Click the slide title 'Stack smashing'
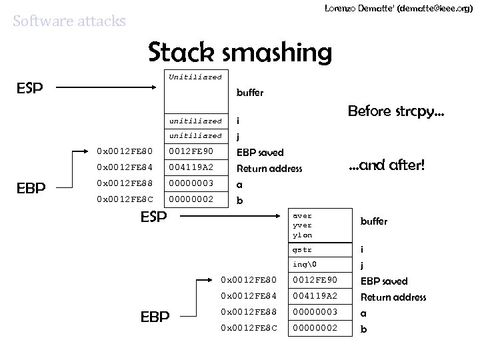pos(239,52)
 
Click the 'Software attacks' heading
pos(69,21)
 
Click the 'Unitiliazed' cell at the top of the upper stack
pos(195,77)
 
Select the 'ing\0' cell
pos(303,266)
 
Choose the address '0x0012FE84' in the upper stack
pos(125,168)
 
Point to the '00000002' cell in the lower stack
pos(315,329)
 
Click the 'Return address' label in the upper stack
pos(269,169)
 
